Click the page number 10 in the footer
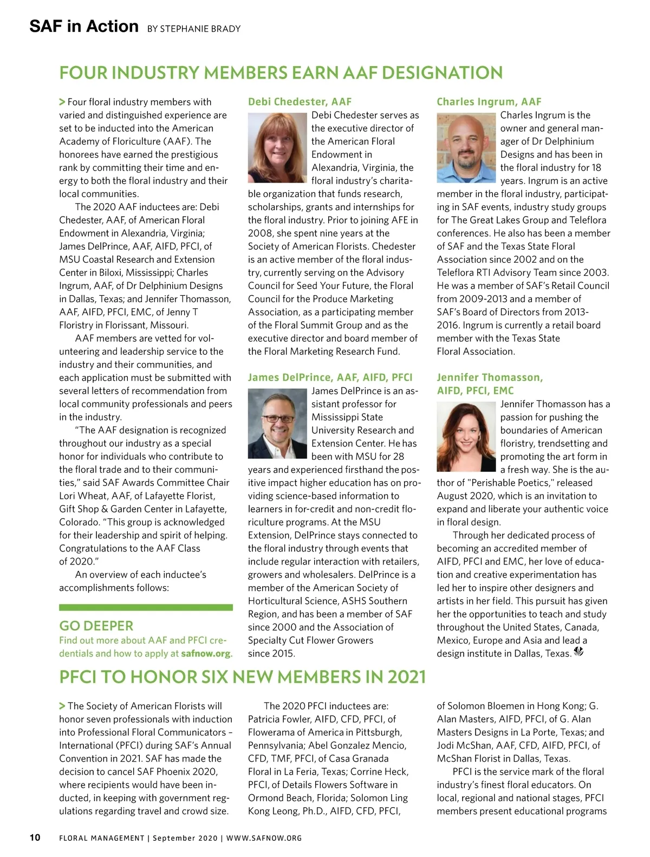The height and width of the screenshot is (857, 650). [x=35, y=837]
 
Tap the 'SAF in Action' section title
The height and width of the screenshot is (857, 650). [x=84, y=26]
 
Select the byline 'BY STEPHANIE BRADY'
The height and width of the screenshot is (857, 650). [x=193, y=29]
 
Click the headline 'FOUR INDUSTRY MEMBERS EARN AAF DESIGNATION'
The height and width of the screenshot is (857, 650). [x=281, y=73]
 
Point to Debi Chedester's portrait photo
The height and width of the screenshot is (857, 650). [x=277, y=147]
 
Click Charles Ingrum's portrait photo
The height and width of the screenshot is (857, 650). [x=466, y=147]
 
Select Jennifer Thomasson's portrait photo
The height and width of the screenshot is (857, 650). [x=466, y=437]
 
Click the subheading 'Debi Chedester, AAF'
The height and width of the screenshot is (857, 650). [x=300, y=101]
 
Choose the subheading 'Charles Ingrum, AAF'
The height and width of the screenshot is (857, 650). [x=489, y=101]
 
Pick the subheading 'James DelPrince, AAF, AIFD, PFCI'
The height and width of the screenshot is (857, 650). [x=330, y=377]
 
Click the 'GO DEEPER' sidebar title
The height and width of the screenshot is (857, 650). [x=96, y=626]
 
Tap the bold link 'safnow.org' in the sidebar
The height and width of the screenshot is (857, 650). [x=206, y=653]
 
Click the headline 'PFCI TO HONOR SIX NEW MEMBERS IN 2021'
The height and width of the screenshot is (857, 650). [x=242, y=677]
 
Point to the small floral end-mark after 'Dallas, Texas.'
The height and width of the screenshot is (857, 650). [x=578, y=652]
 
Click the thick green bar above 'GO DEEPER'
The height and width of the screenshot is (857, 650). [x=146, y=607]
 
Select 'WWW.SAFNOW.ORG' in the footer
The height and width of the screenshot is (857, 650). [x=264, y=838]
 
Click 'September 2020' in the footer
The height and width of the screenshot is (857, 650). [x=184, y=838]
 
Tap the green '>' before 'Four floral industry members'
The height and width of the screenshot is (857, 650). [x=62, y=102]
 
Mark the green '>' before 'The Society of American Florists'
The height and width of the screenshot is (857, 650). [x=62, y=706]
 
